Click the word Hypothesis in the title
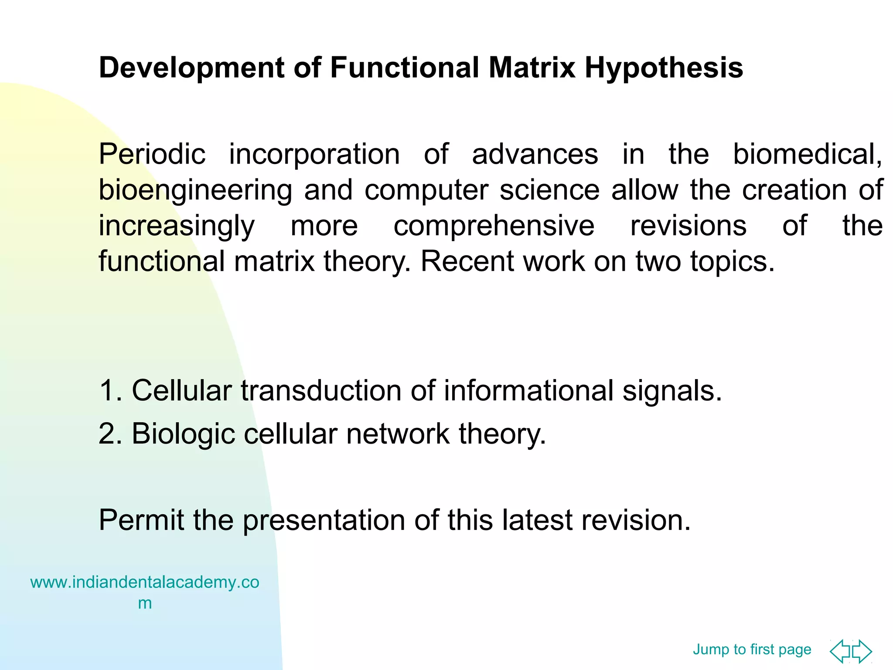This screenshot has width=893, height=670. pos(664,68)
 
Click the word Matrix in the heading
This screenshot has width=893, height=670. pos(532,68)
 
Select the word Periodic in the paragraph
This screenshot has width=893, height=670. pos(152,154)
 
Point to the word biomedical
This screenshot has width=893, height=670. pos(807,154)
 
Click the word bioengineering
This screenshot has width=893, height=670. pos(195,191)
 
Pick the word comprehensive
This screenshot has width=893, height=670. pos(494,226)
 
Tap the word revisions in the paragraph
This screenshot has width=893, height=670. pos(688,226)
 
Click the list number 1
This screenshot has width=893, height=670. pos(110,390)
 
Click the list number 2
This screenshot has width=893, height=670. pos(110,434)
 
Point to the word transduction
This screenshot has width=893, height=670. pos(321,390)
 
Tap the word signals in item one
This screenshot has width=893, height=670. pos(671,390)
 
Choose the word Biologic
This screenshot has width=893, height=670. pos(183,434)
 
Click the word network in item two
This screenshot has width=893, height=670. pos(398,434)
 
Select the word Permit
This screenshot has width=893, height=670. pos(141,520)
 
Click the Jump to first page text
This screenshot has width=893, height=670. pos(752,649)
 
